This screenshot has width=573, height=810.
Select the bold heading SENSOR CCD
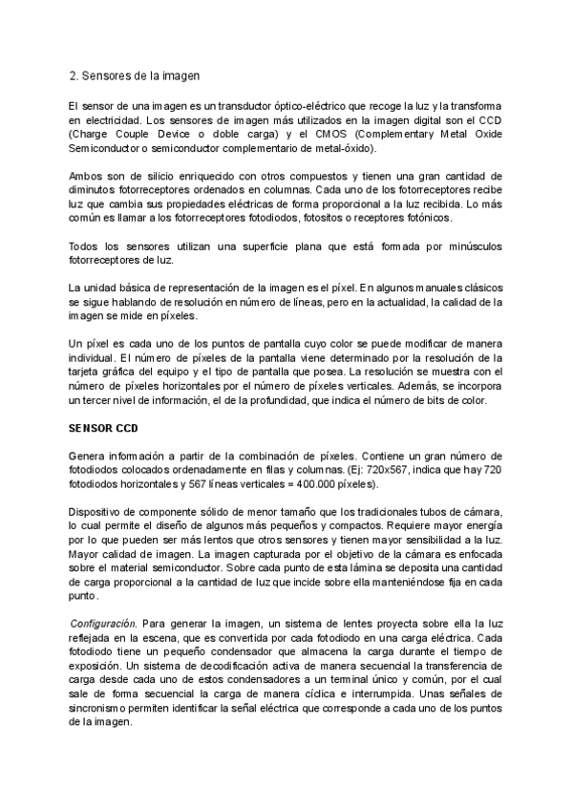coord(99,429)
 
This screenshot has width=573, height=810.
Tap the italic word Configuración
coord(104,623)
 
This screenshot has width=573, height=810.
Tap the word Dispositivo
coord(98,513)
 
